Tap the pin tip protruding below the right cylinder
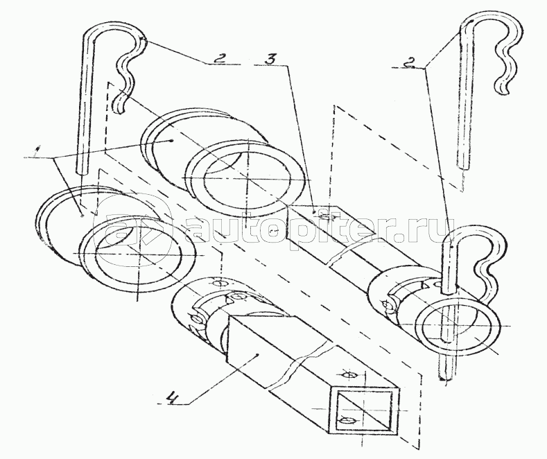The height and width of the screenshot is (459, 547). pos(446,375)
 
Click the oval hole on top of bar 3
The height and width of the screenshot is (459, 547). pos(324,217)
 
